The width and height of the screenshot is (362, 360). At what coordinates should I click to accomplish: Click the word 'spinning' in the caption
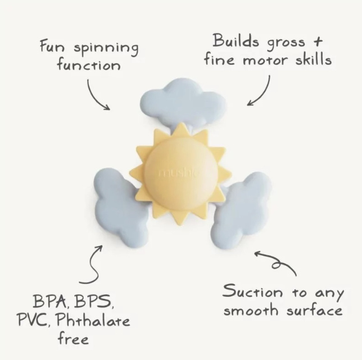pos(106,49)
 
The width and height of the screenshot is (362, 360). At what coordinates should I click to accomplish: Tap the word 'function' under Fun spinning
pos(89,65)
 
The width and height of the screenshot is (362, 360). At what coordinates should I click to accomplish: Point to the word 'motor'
pos(265,60)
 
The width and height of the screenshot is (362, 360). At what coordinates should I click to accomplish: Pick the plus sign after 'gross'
pos(318,42)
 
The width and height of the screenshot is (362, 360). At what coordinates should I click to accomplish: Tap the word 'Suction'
pos(252,291)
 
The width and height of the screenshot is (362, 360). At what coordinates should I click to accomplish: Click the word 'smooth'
pos(251,309)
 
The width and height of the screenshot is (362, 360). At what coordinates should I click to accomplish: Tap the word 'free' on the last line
pos(73,338)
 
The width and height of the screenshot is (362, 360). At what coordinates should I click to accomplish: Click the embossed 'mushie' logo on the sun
pos(178,173)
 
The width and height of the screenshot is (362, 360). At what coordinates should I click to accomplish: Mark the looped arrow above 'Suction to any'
pos(277,263)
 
